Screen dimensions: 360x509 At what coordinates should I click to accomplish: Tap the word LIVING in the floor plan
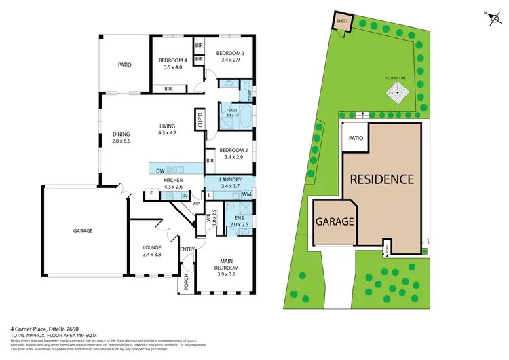pyautogui.click(x=167, y=126)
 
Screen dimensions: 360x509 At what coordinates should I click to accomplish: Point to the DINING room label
pyautogui.click(x=121, y=133)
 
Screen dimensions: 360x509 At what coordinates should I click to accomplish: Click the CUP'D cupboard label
pyautogui.click(x=200, y=120)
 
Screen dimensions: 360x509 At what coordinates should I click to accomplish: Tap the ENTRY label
pyautogui.click(x=187, y=249)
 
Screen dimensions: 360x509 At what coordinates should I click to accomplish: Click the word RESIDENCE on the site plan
pyautogui.click(x=381, y=179)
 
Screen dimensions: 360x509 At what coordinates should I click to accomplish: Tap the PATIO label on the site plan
pyautogui.click(x=356, y=138)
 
